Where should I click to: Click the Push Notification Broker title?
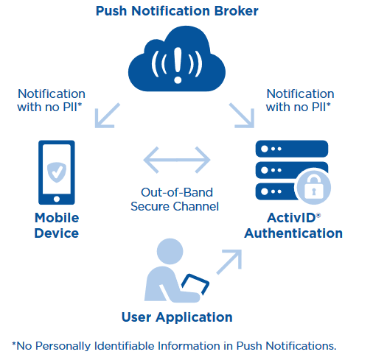click(177, 11)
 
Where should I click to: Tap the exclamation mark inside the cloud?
click(178, 65)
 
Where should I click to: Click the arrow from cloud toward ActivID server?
click(242, 116)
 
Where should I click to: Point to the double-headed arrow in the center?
click(177, 160)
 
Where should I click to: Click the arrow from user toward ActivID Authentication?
click(229, 262)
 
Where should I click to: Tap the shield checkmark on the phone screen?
click(57, 172)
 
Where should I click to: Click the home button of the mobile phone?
click(57, 199)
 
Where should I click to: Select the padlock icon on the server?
click(314, 187)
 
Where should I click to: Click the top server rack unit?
click(292, 149)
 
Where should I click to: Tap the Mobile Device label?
click(57, 225)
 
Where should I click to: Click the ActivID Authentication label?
click(293, 225)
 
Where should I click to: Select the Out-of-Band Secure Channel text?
click(175, 200)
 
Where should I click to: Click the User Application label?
click(177, 317)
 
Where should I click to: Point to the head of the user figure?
click(170, 251)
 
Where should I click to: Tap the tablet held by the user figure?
click(195, 284)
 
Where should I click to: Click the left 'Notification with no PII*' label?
click(52, 100)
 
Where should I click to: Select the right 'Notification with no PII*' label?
click(300, 100)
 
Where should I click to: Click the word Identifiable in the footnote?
click(125, 346)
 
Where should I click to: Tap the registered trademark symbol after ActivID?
click(318, 216)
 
